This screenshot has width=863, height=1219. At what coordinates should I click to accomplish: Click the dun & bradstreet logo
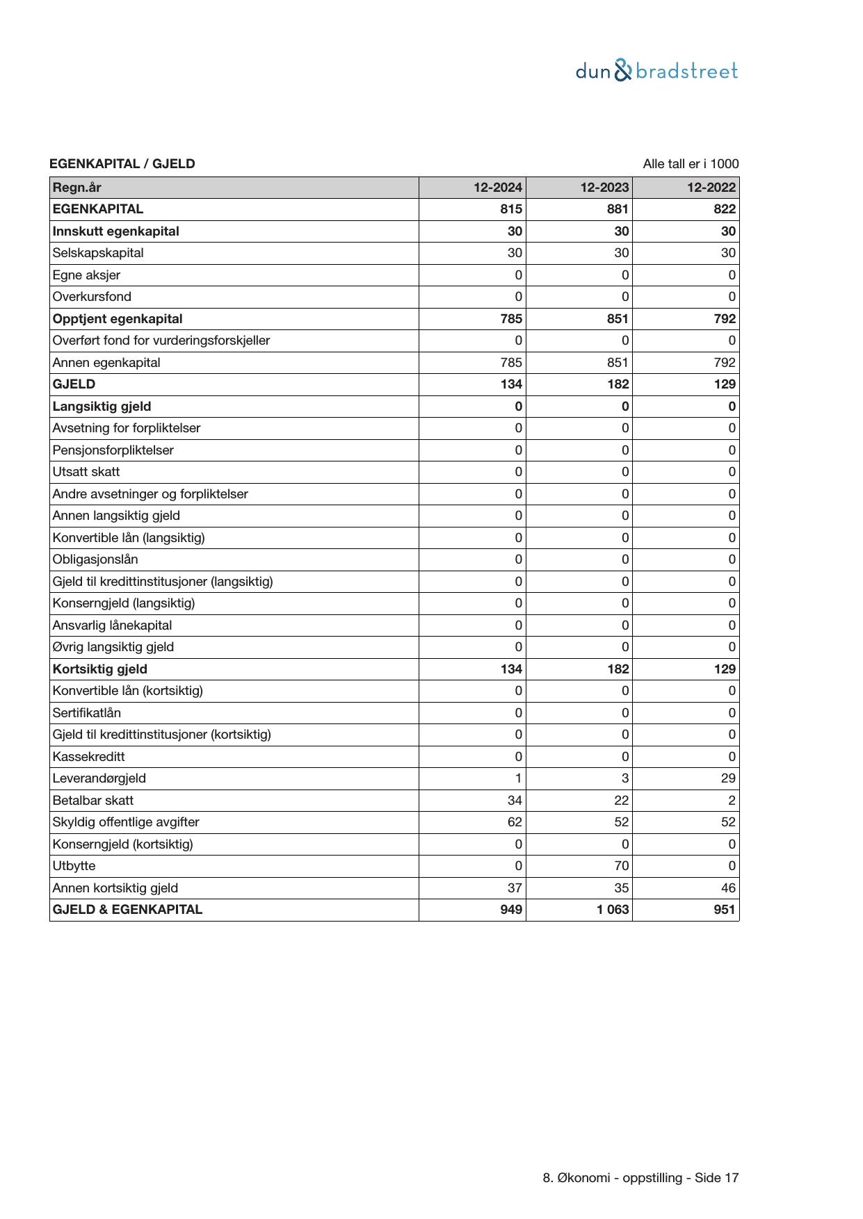pyautogui.click(x=656, y=71)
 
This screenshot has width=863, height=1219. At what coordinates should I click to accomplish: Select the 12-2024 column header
pyautogui.click(x=497, y=187)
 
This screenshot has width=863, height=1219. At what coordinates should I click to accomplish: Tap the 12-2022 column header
pyautogui.click(x=711, y=187)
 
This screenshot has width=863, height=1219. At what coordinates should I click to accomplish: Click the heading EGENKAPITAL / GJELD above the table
pyautogui.click(x=122, y=164)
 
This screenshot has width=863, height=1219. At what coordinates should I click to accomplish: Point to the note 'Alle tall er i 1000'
pyautogui.click(x=691, y=164)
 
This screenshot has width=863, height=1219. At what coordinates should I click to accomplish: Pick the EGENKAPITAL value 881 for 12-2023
pyautogui.click(x=618, y=209)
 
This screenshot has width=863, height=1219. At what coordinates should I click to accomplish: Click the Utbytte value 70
pyautogui.click(x=621, y=866)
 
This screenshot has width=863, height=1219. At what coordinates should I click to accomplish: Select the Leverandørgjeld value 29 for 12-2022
pyautogui.click(x=728, y=778)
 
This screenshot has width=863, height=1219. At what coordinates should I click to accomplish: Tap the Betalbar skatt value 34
pyautogui.click(x=515, y=800)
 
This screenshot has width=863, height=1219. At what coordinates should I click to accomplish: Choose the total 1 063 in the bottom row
pyautogui.click(x=613, y=910)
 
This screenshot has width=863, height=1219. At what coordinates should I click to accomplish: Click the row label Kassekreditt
pyautogui.click(x=88, y=756)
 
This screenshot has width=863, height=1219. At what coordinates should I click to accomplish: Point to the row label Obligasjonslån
pyautogui.click(x=95, y=559)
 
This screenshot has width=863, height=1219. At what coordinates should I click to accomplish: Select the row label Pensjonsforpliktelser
pyautogui.click(x=113, y=450)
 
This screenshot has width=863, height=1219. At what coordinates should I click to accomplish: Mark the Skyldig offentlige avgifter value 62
pyautogui.click(x=515, y=822)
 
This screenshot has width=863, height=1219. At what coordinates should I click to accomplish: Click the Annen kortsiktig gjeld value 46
pyautogui.click(x=728, y=887)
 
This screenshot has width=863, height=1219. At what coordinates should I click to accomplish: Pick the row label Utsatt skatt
pyautogui.click(x=86, y=472)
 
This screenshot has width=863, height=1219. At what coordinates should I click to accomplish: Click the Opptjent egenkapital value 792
pyautogui.click(x=724, y=319)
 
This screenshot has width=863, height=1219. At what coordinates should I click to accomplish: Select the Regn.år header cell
pyautogui.click(x=76, y=187)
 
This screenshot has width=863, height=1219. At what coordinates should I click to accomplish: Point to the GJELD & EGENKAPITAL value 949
pyautogui.click(x=511, y=910)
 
